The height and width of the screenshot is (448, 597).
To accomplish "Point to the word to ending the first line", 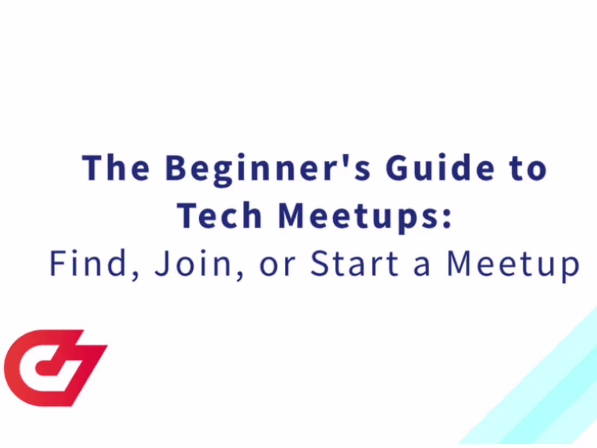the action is [x=528, y=169].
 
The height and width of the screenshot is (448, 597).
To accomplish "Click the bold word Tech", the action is [x=219, y=215].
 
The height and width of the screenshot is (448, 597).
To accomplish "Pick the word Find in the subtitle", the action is [x=88, y=263].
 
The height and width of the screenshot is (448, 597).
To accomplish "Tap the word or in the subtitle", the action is [x=277, y=267].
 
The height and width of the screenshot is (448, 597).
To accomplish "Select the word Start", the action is [x=354, y=263].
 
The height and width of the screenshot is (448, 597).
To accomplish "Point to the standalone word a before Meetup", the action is [x=422, y=267].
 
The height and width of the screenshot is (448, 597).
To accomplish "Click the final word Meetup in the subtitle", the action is [x=513, y=266].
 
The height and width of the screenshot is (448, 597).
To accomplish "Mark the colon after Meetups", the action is [x=447, y=218].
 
